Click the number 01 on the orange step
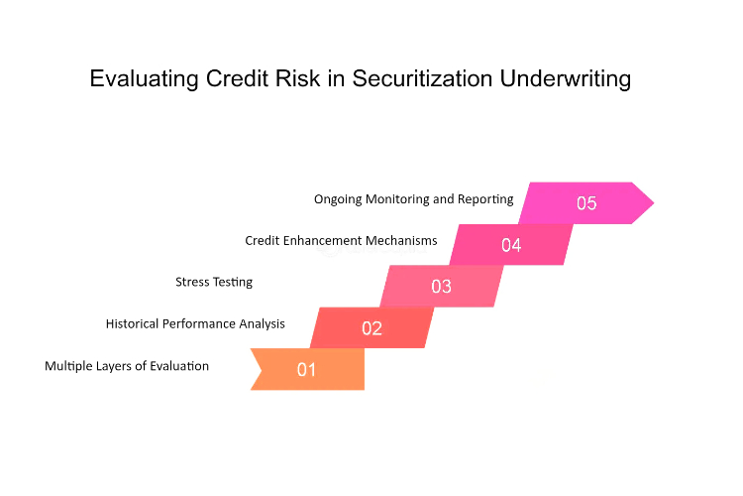pyautogui.click(x=306, y=370)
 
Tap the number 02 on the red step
pyautogui.click(x=371, y=328)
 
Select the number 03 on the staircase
pyautogui.click(x=441, y=287)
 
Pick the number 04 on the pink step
pyautogui.click(x=511, y=245)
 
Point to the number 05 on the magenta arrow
pyautogui.click(x=586, y=203)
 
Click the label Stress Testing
pyautogui.click(x=214, y=283)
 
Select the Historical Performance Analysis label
pyautogui.click(x=195, y=323)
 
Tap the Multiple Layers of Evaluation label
pyautogui.click(x=127, y=366)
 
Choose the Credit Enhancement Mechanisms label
pyautogui.click(x=341, y=241)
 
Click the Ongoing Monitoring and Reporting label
pyautogui.click(x=414, y=199)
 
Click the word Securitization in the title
pyautogui.click(x=422, y=78)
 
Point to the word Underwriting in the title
pyautogui.click(x=566, y=79)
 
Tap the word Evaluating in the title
pyautogui.click(x=144, y=79)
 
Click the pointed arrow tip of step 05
pyautogui.click(x=654, y=203)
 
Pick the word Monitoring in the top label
pyautogui.click(x=397, y=199)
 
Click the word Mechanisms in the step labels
pyautogui.click(x=406, y=241)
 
